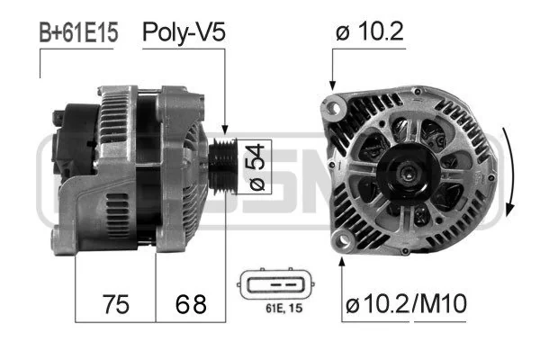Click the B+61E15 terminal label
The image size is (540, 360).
pyautogui.click(x=78, y=32)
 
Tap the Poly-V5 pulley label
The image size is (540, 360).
pyautogui.click(x=184, y=32)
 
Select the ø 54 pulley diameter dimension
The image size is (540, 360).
pyautogui.click(x=257, y=167)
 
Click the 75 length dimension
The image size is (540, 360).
pyautogui.click(x=116, y=304)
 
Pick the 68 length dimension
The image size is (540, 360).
pyautogui.click(x=191, y=304)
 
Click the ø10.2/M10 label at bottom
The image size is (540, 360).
pyautogui.click(x=407, y=303)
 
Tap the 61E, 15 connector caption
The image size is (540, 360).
pyautogui.click(x=284, y=308)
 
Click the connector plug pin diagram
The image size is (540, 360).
pyautogui.click(x=275, y=284)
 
